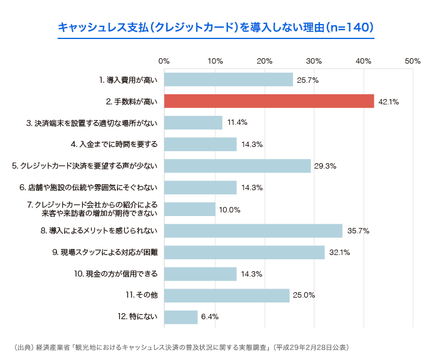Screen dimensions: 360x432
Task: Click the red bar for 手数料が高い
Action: point(269,101)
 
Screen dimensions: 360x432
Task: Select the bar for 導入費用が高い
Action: point(228,79)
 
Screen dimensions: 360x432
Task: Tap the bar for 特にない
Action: point(181,317)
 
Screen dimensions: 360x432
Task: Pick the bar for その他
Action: point(226,295)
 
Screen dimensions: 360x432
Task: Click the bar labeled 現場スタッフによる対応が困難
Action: point(244,252)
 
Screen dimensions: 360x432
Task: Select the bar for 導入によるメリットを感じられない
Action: point(253,230)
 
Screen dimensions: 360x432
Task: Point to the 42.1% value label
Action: point(389,101)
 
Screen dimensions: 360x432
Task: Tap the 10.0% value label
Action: point(230,209)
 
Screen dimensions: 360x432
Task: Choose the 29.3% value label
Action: point(325,166)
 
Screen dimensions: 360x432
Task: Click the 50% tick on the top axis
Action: point(412,61)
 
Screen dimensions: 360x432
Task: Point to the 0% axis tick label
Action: point(164,61)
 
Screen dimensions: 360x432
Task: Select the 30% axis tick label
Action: point(313,61)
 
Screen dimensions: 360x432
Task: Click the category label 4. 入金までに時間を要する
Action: point(114,144)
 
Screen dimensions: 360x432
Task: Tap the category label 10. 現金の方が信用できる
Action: point(116,274)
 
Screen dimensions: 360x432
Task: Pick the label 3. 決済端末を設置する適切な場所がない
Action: point(92,122)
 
